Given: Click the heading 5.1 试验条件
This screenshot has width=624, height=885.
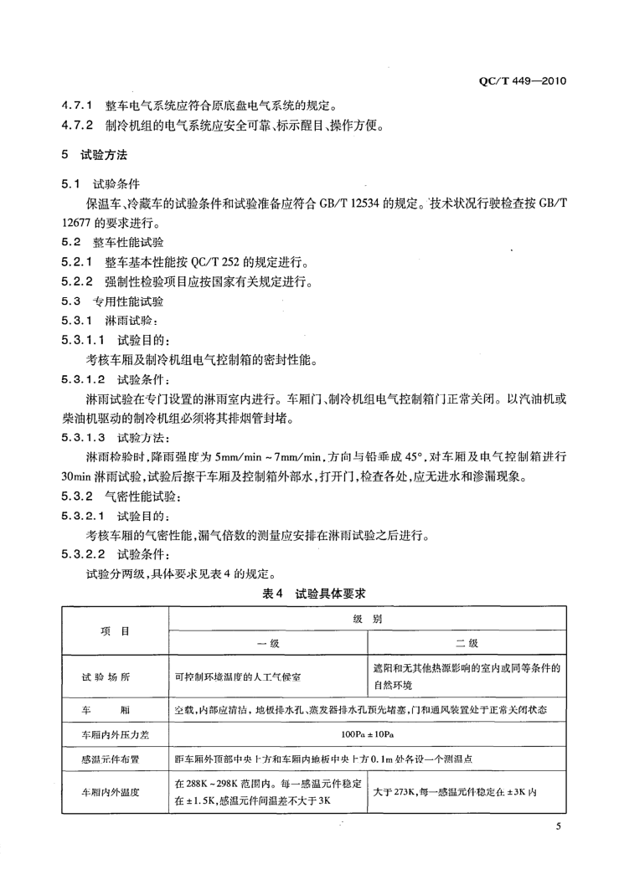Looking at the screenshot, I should [101, 183].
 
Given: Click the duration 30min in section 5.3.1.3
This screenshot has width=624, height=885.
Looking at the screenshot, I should [75, 478].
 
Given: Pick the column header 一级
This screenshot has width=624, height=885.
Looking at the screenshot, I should [267, 643].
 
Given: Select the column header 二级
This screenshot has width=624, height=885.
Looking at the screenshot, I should [466, 643].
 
